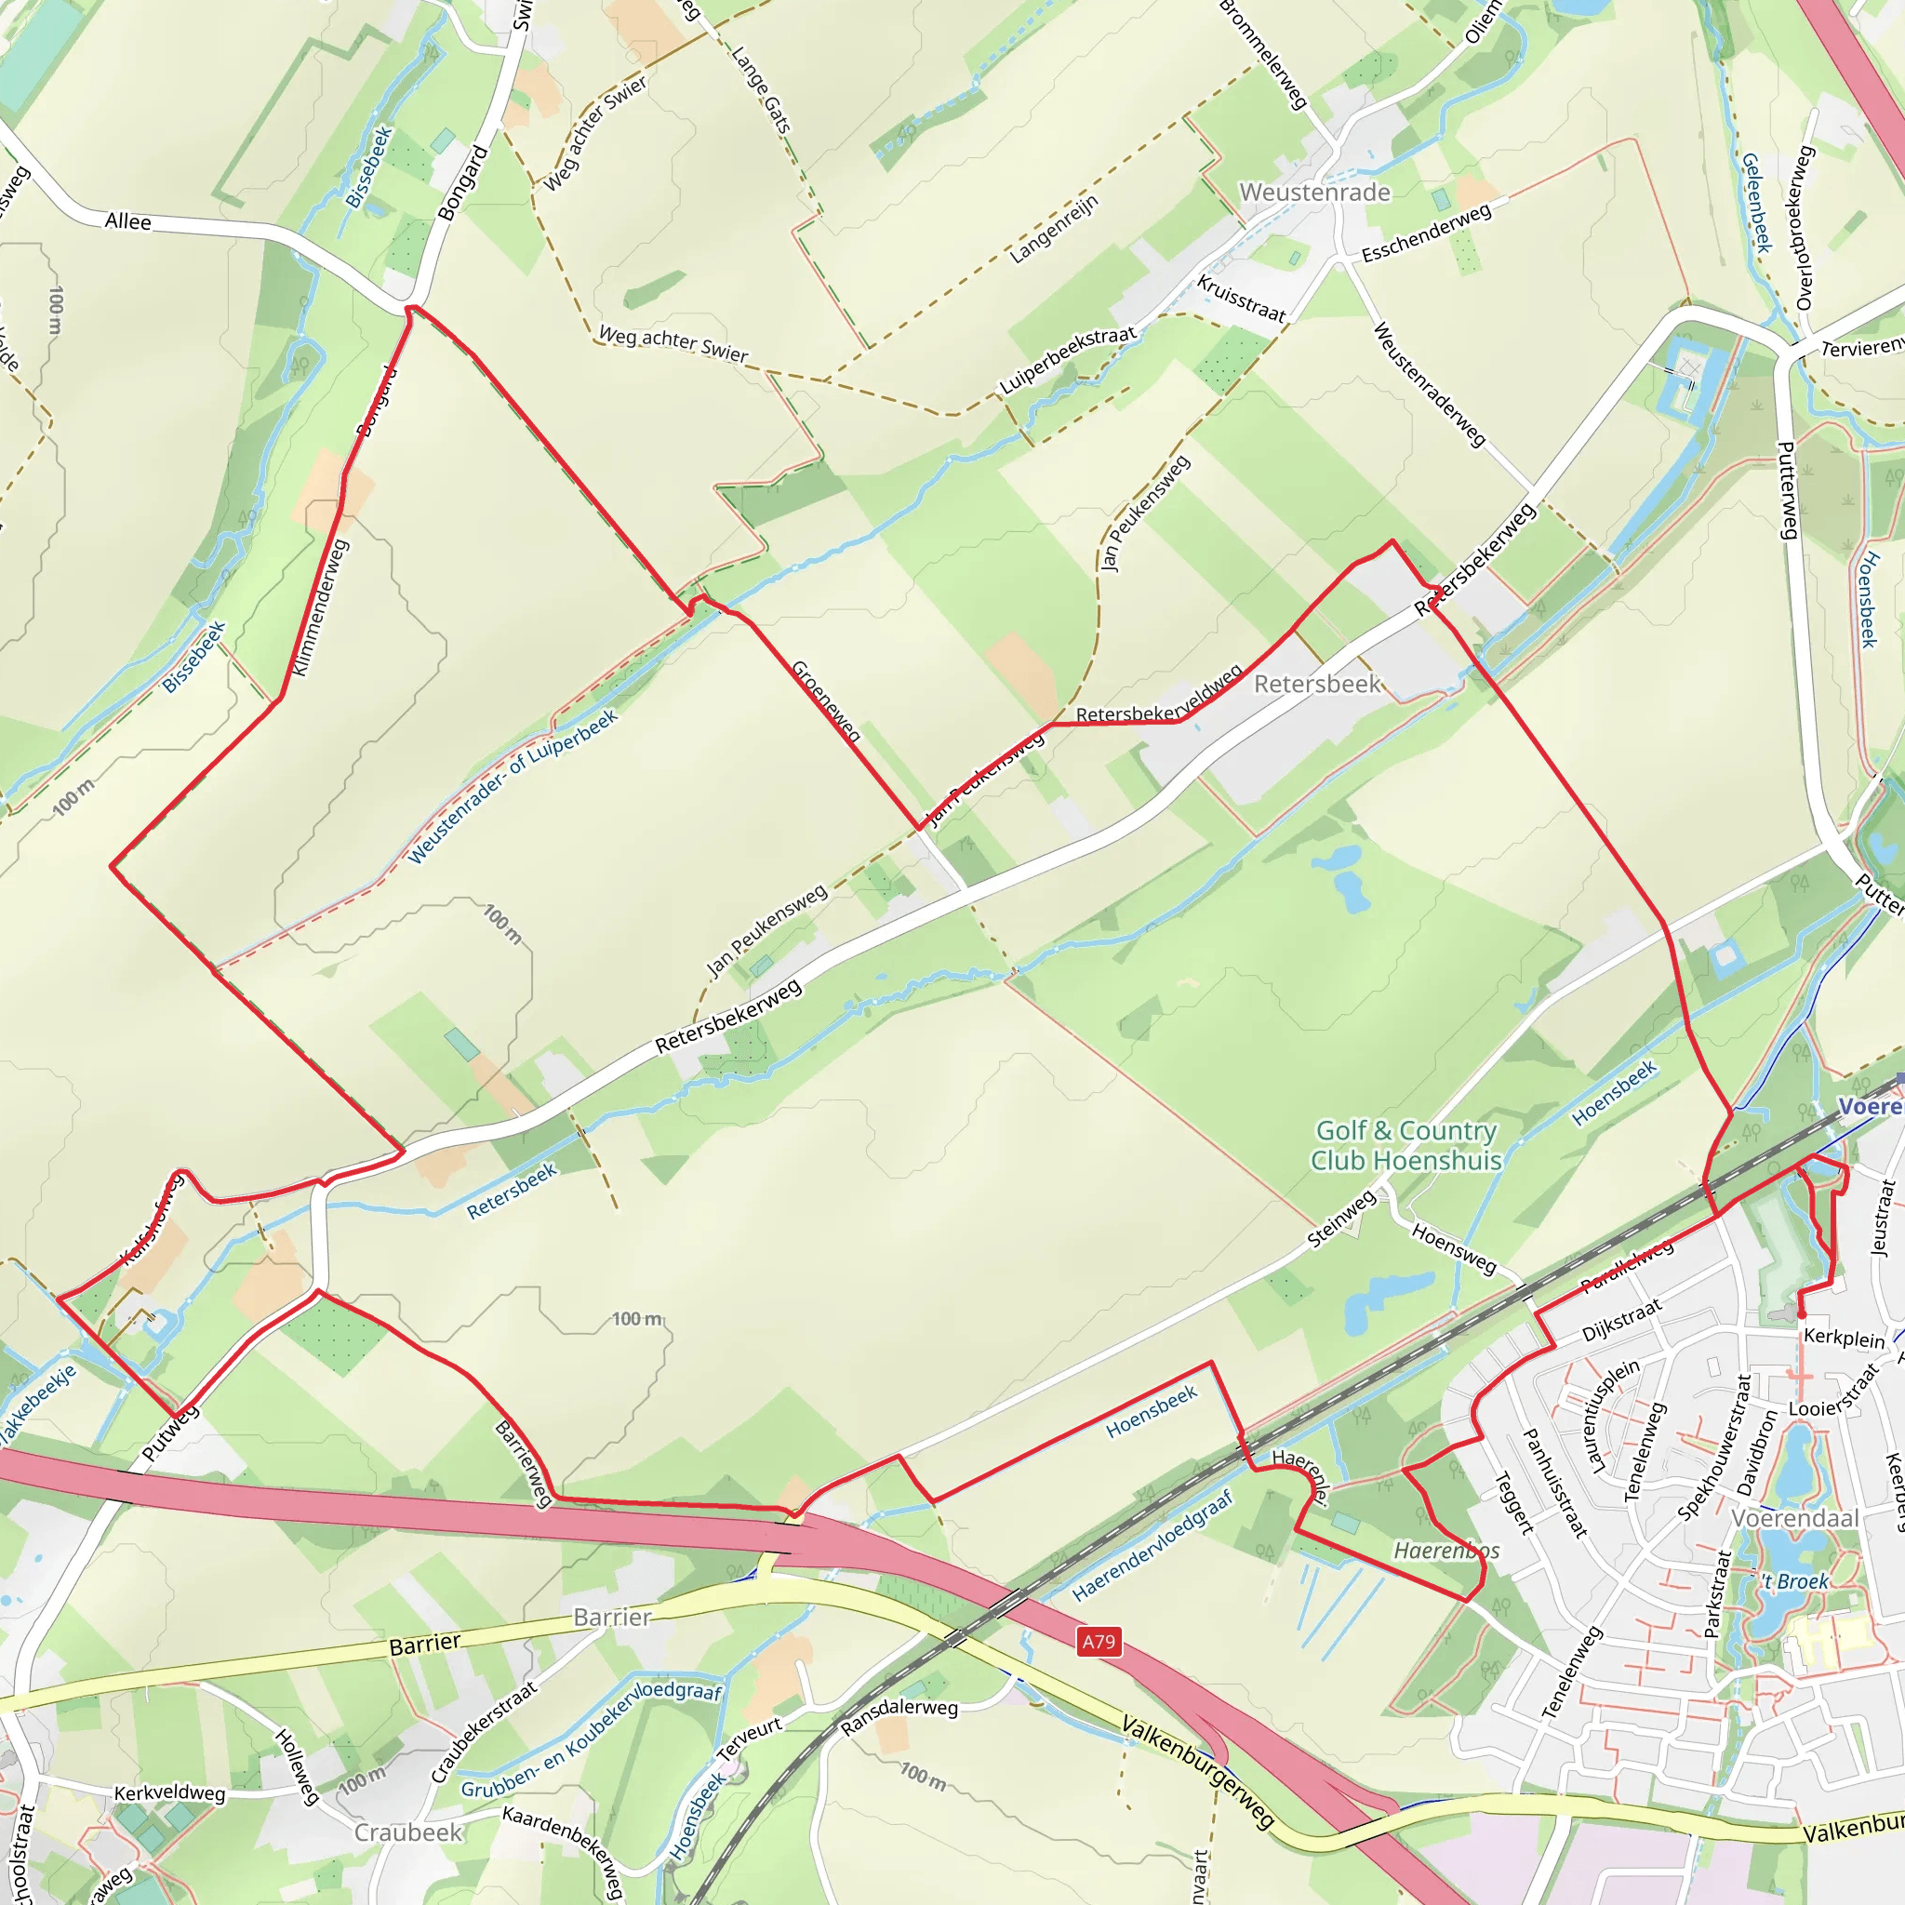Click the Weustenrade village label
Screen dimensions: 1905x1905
[x=1314, y=193]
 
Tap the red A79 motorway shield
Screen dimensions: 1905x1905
[x=1099, y=1642]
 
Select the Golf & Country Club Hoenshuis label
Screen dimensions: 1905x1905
[x=1405, y=1146]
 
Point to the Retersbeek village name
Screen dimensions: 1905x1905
[x=1316, y=685]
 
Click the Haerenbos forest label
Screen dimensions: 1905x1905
[x=1445, y=1551]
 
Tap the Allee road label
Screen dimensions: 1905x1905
[x=128, y=222]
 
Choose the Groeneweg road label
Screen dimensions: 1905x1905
[x=826, y=701]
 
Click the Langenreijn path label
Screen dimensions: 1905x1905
[x=1053, y=230]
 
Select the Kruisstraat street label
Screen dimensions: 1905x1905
[x=1242, y=299]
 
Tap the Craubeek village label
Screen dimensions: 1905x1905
[x=408, y=1832]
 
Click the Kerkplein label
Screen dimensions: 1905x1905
[x=1843, y=1338]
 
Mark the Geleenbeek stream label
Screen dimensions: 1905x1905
[x=1756, y=202]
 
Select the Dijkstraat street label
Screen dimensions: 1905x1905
[x=1622, y=1321]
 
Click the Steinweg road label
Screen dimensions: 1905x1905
[x=1341, y=1219]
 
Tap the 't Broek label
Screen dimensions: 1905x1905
[x=1795, y=1581]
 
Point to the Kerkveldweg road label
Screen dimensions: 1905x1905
[x=169, y=1792]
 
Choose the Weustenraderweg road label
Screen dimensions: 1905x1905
[x=1429, y=384]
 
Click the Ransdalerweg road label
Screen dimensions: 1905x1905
[x=899, y=1718]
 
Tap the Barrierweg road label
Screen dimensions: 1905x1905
[x=524, y=1463]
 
